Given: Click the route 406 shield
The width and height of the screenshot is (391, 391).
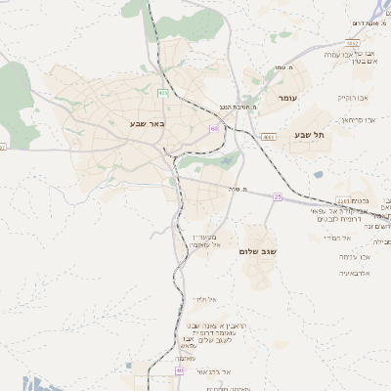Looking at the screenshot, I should [162, 93].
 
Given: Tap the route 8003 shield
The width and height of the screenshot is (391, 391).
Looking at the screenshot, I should [268, 138].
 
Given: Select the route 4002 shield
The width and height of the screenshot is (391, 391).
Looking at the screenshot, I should [352, 44].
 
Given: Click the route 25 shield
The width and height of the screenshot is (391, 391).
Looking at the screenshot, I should [277, 197].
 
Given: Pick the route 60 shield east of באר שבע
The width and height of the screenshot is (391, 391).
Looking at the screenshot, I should [213, 128].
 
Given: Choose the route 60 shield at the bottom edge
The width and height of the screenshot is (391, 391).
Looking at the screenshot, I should [179, 370].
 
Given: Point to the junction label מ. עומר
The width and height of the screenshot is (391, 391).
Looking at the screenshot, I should [284, 67].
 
